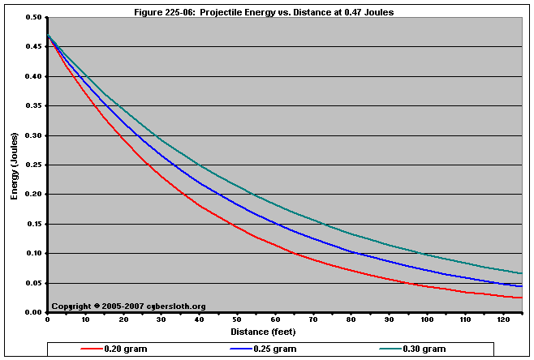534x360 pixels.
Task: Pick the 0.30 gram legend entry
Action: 422,349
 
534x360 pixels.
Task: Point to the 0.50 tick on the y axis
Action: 33,17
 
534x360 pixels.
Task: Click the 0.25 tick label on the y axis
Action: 33,165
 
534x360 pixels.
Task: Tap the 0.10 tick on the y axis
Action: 33,254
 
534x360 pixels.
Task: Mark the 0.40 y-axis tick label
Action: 33,76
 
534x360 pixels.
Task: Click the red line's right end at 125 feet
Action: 520,298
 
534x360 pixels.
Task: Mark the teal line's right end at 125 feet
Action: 520,273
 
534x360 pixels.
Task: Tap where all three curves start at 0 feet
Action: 48,35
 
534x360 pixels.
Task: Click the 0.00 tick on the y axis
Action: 33,313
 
